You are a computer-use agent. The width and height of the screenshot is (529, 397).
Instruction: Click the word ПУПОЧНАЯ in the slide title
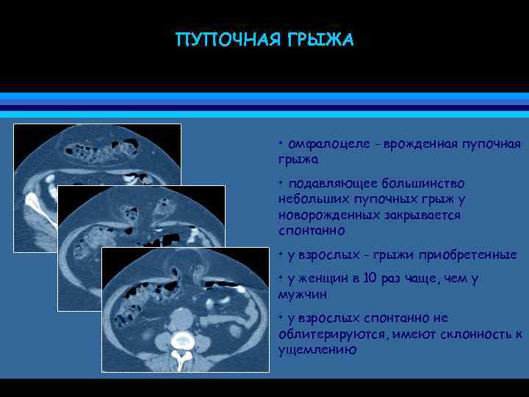(x=221, y=40)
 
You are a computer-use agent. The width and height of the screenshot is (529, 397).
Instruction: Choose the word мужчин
(x=303, y=294)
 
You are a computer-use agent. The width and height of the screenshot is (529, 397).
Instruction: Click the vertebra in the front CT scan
(x=181, y=340)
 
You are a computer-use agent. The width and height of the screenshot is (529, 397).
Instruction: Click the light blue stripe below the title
(x=264, y=96)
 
